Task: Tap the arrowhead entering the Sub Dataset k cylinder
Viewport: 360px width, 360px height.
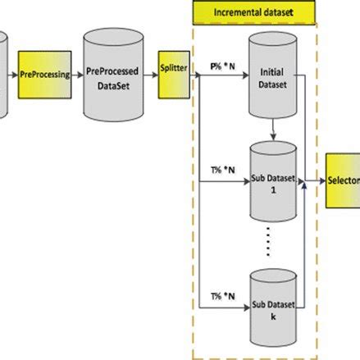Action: pyautogui.click(x=245, y=308)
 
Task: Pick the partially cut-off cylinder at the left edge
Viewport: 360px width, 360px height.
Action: pyautogui.click(x=3, y=70)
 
